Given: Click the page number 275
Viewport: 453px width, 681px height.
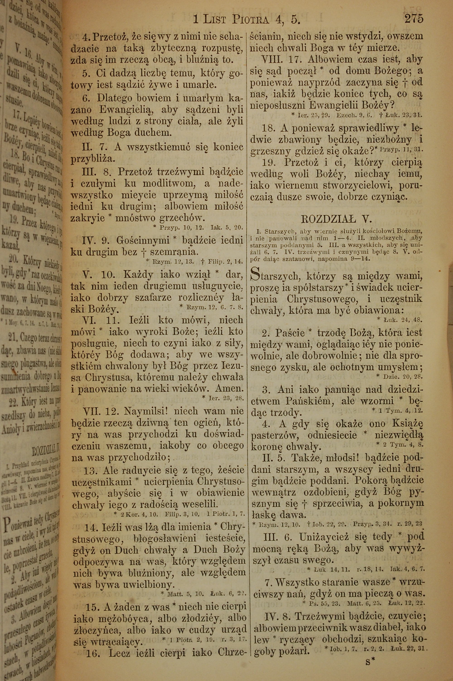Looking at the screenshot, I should point(414,19).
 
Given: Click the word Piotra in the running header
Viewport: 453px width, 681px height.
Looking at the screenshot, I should point(251,20).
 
